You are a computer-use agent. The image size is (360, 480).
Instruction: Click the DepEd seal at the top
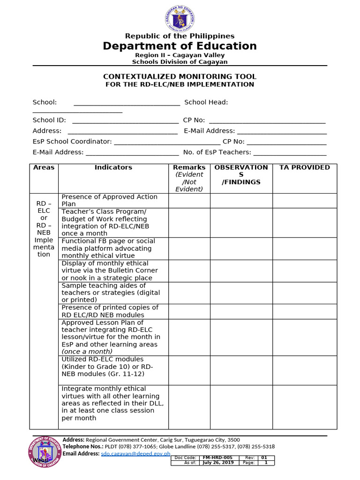[180, 18]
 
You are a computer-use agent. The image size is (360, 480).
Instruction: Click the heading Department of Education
[180, 46]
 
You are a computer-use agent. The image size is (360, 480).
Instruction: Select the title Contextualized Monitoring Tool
[180, 76]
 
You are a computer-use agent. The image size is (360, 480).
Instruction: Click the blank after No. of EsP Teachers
[290, 153]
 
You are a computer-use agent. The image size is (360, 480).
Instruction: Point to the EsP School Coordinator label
[72, 142]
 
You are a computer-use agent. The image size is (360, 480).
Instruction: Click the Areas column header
[44, 167]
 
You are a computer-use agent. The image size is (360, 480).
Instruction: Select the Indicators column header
[113, 167]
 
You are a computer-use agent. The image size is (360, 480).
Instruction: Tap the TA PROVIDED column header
[304, 167]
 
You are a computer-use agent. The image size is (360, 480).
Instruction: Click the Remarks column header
[189, 167]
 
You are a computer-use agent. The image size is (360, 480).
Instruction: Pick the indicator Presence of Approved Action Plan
[109, 200]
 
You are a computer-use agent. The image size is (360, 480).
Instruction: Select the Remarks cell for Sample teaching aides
[189, 293]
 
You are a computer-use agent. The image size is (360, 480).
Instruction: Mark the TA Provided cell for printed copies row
[304, 311]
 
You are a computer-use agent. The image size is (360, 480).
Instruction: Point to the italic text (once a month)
[87, 352]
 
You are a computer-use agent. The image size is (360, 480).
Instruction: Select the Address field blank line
[122, 132]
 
